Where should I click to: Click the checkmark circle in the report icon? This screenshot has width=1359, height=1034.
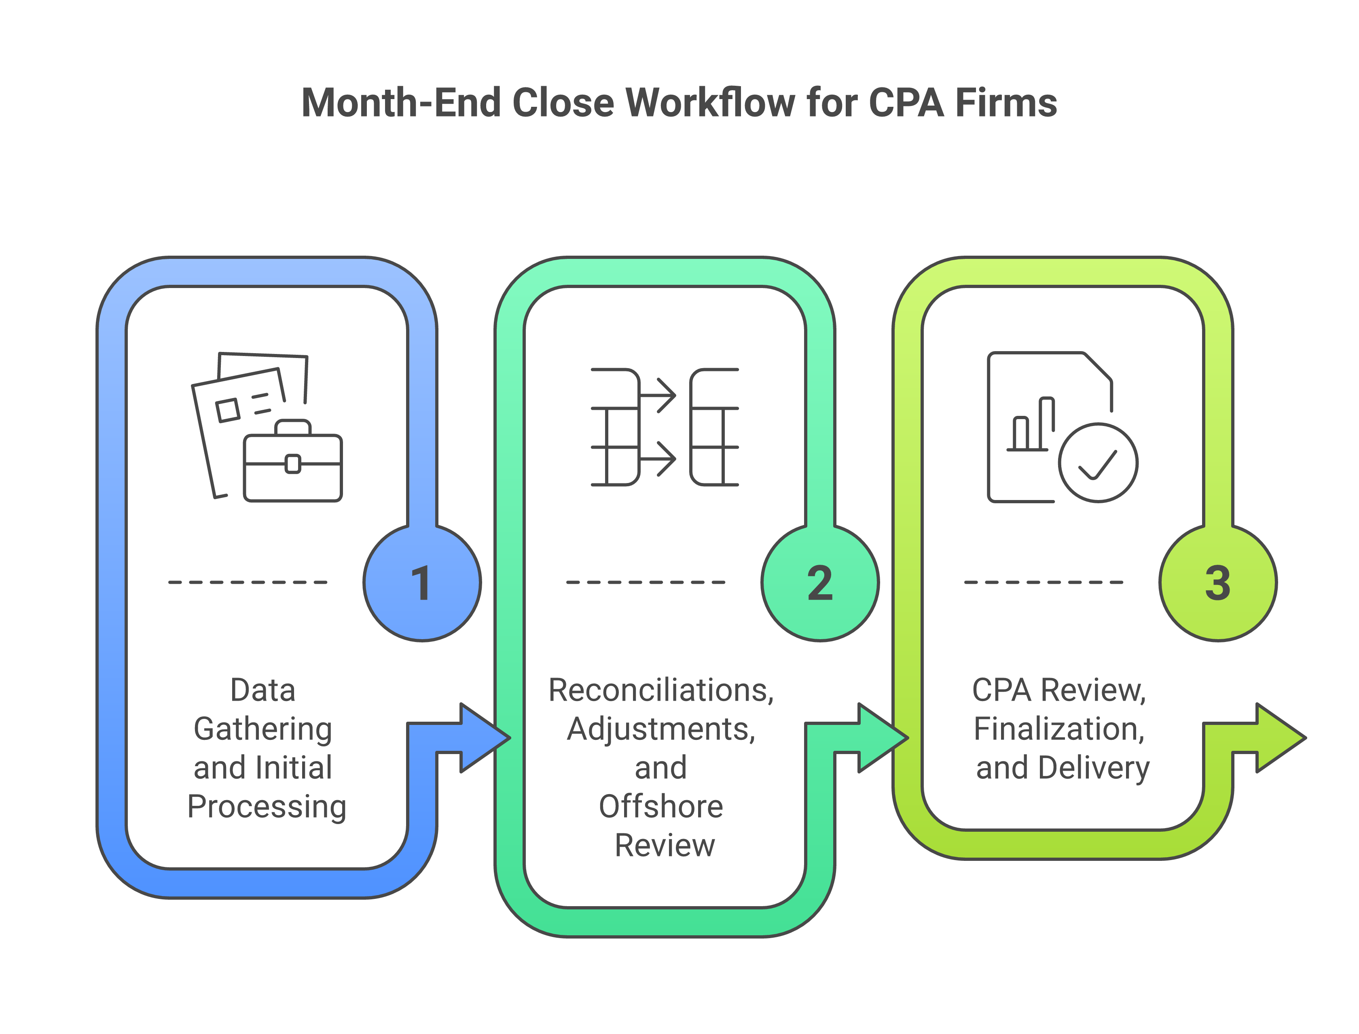tap(1098, 463)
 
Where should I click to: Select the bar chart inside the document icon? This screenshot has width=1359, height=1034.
tap(1032, 426)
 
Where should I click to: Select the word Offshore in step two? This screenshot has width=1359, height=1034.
tap(661, 807)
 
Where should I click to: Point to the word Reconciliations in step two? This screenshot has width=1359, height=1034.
tap(661, 691)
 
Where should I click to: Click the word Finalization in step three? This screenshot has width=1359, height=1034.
tap(1059, 729)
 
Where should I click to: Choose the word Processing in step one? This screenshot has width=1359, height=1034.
tap(267, 807)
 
